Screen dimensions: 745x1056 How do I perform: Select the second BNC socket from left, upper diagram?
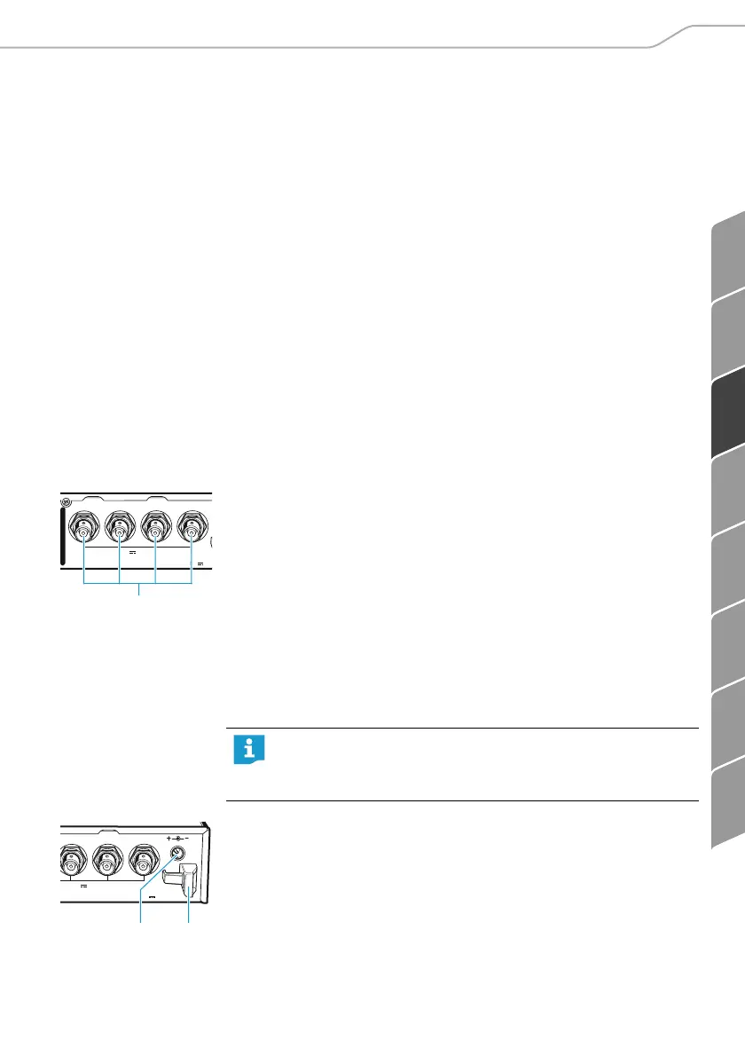point(119,532)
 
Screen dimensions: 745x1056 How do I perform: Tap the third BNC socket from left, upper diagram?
point(155,532)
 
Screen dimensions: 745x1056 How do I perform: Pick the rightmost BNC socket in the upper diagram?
point(192,532)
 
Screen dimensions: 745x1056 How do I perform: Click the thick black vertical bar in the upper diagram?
point(62,537)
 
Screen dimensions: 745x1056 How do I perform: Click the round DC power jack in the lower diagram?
point(176,855)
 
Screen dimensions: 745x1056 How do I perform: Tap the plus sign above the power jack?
point(169,838)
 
